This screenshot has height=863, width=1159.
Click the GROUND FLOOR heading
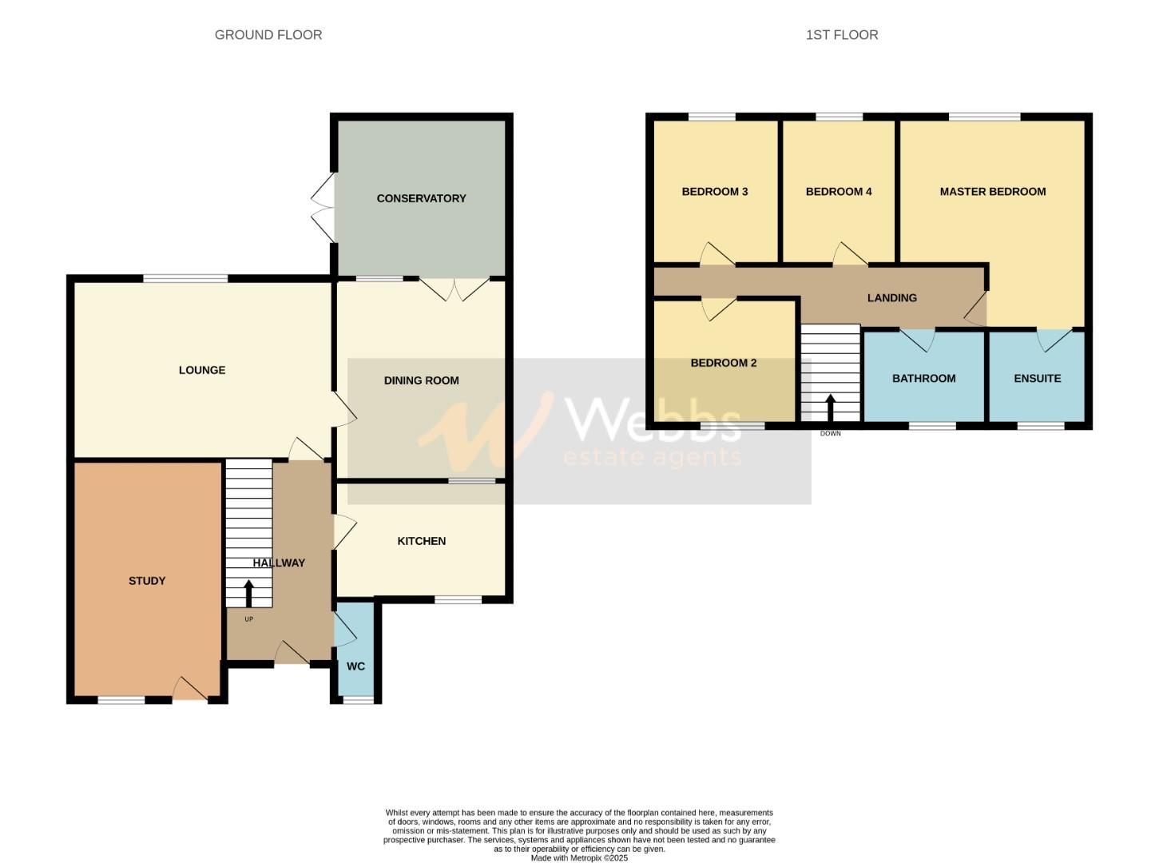268,35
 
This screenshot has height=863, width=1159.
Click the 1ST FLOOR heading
842,35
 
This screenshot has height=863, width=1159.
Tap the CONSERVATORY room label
421,198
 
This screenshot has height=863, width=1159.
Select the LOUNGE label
202,370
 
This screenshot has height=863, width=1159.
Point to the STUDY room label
147,581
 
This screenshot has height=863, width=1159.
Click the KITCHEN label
421,541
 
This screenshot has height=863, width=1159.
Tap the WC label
355,666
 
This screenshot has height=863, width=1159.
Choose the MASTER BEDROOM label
992,192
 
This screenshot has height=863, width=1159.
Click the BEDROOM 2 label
723,363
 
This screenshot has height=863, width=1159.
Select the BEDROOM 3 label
714,192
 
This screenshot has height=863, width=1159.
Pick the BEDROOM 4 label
838,192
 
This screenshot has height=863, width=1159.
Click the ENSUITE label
1037,379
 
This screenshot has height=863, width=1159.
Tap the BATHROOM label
923,379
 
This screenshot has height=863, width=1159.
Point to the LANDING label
891,298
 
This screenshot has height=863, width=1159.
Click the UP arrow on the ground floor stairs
248,593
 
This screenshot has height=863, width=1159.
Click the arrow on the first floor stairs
831,407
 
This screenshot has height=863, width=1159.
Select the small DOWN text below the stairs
831,434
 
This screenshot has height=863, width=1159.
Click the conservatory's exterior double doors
323,207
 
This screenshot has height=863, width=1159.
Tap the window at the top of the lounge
185,278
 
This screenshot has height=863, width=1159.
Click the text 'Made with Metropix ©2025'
579,858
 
